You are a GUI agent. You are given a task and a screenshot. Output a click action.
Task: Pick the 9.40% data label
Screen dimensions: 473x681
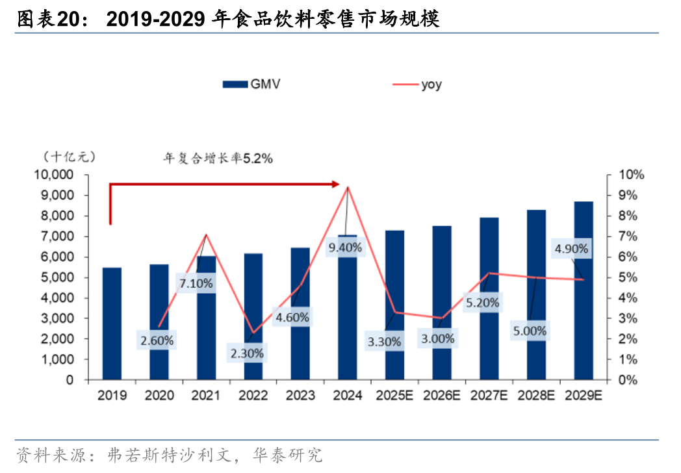(x=345, y=248)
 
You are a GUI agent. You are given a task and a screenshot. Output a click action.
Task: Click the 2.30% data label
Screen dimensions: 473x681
(x=247, y=353)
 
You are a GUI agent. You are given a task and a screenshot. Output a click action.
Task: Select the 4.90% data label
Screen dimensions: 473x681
(x=571, y=248)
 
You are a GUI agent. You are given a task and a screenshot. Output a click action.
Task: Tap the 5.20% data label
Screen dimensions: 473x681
(x=482, y=302)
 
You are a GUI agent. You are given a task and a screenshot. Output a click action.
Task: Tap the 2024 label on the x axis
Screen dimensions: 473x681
(x=347, y=395)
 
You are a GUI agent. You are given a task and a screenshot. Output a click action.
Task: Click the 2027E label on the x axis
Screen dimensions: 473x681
(x=489, y=395)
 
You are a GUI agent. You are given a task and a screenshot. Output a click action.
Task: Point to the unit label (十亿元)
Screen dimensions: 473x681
(x=70, y=157)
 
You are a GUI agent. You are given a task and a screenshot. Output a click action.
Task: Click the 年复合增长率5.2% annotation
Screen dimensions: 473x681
(x=217, y=158)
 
